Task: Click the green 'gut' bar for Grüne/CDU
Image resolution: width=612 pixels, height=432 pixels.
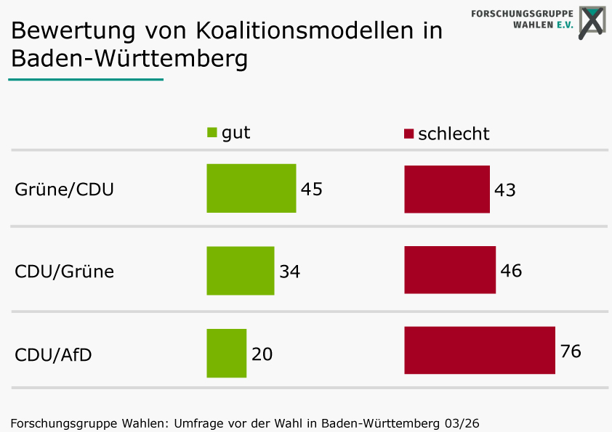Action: click(x=251, y=188)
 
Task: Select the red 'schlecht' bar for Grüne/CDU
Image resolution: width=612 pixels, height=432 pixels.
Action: click(x=446, y=189)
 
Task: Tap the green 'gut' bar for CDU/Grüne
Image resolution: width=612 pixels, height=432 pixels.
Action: click(x=240, y=271)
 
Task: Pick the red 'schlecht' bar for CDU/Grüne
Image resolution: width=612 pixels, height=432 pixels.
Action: click(x=449, y=270)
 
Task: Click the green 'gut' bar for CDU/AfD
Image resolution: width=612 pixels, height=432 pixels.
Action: click(x=226, y=353)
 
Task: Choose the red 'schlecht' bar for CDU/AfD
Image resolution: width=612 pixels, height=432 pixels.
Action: click(x=479, y=351)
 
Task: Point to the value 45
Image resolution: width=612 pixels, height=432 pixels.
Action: click(x=312, y=189)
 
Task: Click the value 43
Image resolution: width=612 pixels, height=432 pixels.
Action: click(x=505, y=190)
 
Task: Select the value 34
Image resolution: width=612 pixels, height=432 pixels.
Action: click(x=290, y=272)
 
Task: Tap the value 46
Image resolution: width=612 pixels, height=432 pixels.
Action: click(x=511, y=271)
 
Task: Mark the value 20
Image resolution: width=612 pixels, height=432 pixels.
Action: click(x=262, y=354)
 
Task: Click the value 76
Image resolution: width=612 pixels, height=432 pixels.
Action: click(x=571, y=351)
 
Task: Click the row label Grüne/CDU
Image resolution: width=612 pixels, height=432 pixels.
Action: click(x=64, y=190)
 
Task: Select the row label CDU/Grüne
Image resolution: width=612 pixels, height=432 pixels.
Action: click(x=64, y=272)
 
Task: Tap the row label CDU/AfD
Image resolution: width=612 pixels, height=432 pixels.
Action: click(x=53, y=355)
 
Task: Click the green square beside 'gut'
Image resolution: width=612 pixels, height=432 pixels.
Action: click(x=212, y=133)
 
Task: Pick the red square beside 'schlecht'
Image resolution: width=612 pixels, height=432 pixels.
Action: click(x=408, y=134)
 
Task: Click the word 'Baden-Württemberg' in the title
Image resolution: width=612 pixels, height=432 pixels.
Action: click(x=129, y=58)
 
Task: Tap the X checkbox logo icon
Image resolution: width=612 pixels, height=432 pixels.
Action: click(x=592, y=23)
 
